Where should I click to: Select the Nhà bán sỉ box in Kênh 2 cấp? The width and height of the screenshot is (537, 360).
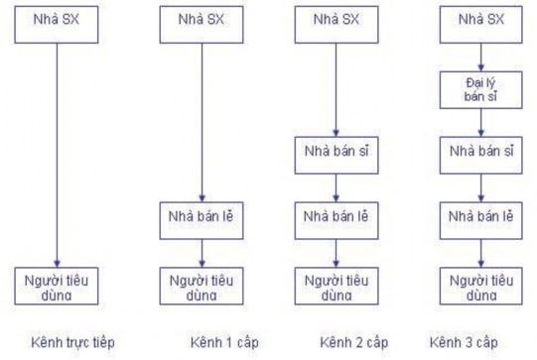(x=337, y=155)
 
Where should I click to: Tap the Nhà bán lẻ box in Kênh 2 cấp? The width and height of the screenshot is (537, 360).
(x=337, y=216)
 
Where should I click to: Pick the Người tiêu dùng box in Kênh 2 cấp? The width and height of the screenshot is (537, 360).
(x=337, y=284)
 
